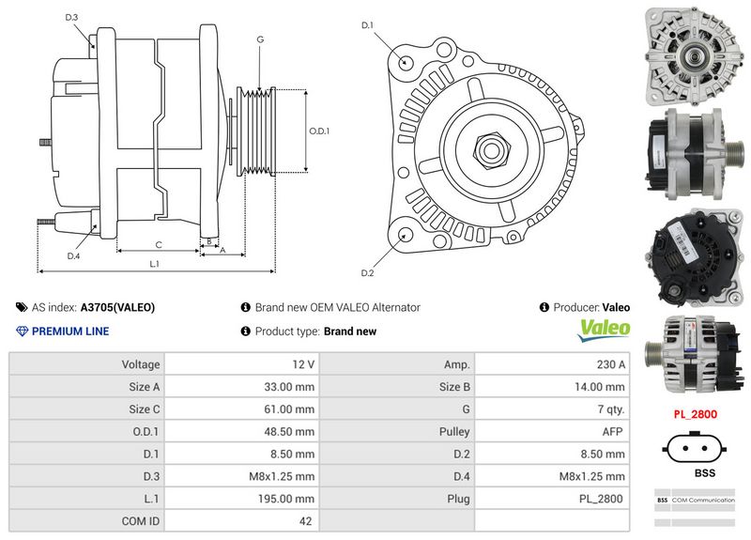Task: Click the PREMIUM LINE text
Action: [70, 332]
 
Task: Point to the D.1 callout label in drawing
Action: [368, 25]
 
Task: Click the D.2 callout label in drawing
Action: [368, 273]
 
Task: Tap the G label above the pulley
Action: [259, 39]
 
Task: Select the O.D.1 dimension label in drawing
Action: [320, 131]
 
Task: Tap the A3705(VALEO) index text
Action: [117, 307]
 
